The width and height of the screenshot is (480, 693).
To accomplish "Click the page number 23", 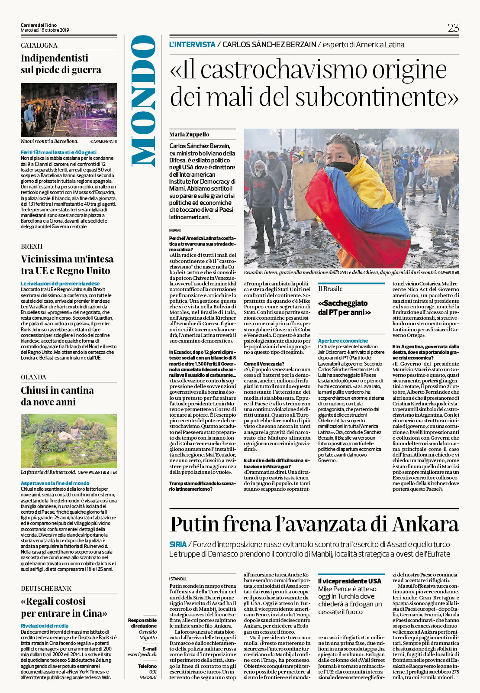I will click(x=453, y=28).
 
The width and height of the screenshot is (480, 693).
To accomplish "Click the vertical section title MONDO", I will click(x=144, y=100).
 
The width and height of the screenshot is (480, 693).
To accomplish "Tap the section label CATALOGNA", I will click(x=39, y=45).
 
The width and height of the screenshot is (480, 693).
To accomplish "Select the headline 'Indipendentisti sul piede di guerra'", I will click(x=61, y=64).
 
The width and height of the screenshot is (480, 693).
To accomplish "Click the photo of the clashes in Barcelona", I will click(x=68, y=110).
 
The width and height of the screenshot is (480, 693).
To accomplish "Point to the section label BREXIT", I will click(x=32, y=246).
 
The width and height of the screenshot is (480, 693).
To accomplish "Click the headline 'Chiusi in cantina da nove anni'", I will click(x=57, y=396).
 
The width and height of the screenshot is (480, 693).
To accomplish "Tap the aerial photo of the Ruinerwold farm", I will click(x=68, y=440).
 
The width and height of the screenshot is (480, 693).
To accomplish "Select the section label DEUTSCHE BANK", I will click(x=46, y=588).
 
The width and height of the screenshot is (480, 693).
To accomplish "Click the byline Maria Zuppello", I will click(x=189, y=134).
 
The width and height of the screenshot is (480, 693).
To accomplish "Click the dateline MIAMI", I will click(x=175, y=230).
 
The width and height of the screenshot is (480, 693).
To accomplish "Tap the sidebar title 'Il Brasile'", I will click(x=330, y=289).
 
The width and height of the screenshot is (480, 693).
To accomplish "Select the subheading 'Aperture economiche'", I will click(x=343, y=341).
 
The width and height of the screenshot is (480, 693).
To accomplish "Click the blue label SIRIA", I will click(x=178, y=544).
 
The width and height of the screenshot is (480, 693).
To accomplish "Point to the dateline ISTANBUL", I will click(x=178, y=579).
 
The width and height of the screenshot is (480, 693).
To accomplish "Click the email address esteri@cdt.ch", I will click(x=142, y=654).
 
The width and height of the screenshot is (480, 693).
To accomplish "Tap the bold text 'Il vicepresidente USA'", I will click(x=350, y=581).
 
